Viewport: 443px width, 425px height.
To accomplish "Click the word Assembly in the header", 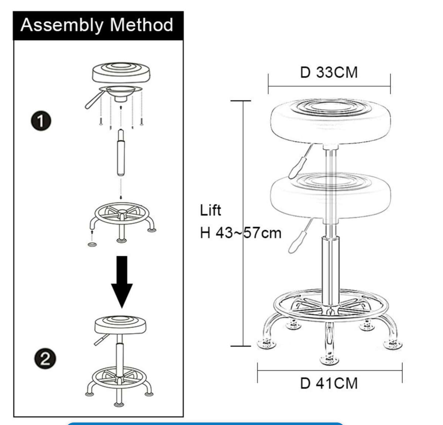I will click(62, 25).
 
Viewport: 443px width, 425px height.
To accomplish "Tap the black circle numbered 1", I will click(41, 121).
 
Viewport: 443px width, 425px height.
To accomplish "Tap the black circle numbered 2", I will click(45, 358).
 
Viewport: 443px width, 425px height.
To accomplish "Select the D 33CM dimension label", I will click(329, 72).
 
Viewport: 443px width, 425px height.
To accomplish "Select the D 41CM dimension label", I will click(329, 383).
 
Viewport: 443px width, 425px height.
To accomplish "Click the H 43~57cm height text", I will click(240, 233).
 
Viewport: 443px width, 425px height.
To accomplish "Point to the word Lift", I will click(210, 210).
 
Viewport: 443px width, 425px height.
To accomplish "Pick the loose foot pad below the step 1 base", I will click(92, 244).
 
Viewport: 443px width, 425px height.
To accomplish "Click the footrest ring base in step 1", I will click(121, 215).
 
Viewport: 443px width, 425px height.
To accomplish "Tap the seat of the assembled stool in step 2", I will click(120, 324).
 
